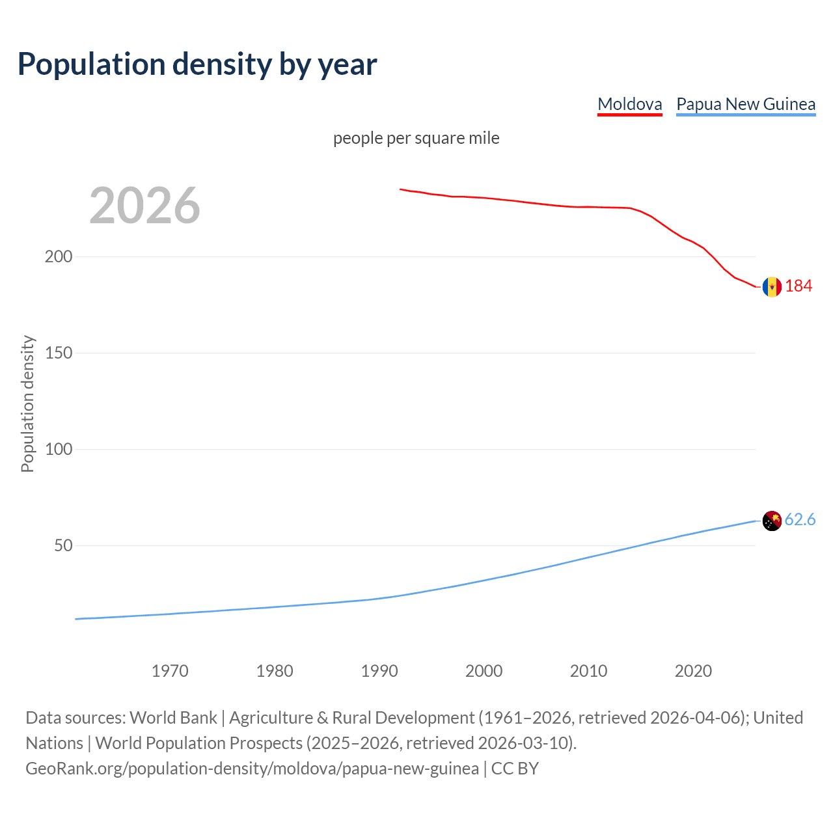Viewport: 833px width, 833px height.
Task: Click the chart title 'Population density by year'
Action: tap(197, 64)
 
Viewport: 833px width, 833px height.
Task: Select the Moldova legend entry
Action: tap(629, 104)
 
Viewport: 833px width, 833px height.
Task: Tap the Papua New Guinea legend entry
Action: tap(746, 104)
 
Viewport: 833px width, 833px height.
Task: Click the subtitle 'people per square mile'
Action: tap(416, 138)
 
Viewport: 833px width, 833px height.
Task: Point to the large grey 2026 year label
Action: tap(144, 206)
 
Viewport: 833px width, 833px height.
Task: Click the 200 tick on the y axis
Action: tap(59, 256)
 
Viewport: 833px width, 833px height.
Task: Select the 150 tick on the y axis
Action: tap(59, 353)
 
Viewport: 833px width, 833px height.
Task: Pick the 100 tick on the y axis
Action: tap(59, 449)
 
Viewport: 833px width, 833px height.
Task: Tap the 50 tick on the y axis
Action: tap(63, 545)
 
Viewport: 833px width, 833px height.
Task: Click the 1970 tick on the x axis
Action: tap(170, 671)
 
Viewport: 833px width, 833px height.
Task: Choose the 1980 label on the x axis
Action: tap(275, 671)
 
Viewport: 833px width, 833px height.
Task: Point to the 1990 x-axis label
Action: tap(379, 671)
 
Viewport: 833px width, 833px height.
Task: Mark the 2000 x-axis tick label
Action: tap(484, 671)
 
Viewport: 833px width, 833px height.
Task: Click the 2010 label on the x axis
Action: tap(589, 671)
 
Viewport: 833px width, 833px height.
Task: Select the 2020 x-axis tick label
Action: tap(694, 671)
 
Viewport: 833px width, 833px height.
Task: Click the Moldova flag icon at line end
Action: tap(772, 286)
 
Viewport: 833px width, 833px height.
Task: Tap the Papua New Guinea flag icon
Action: tap(772, 521)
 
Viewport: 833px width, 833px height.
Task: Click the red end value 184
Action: tap(799, 286)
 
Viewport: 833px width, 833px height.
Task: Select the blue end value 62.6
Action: tap(800, 519)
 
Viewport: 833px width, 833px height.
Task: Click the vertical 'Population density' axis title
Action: tap(27, 403)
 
